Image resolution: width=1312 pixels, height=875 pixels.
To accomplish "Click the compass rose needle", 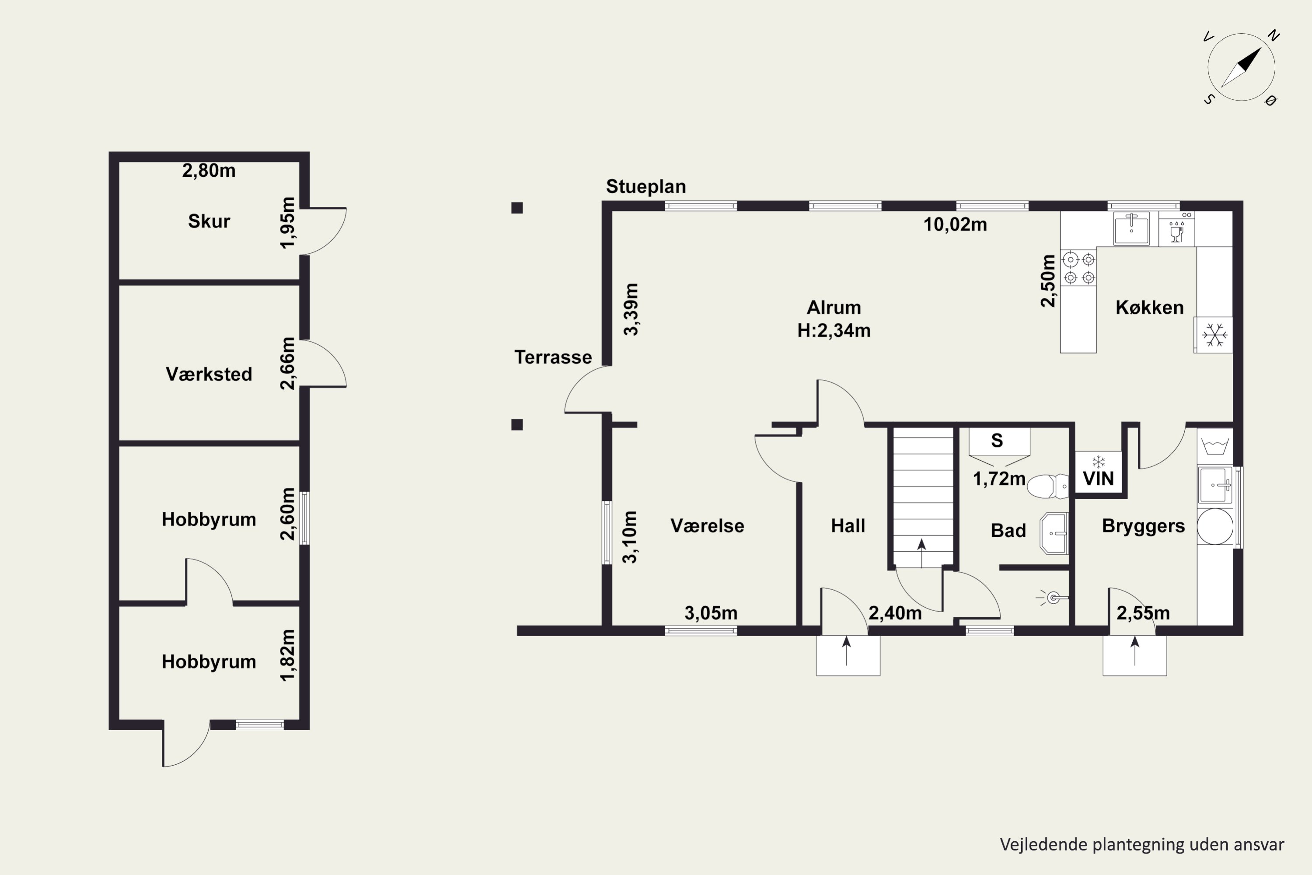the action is point(1241,67).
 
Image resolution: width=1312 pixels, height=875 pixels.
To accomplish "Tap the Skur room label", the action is point(209,221).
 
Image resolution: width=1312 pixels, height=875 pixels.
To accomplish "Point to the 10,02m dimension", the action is point(955,224).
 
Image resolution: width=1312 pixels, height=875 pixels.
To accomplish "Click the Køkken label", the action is point(1149,307).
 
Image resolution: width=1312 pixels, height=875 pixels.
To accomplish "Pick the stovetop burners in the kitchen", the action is point(1079,268).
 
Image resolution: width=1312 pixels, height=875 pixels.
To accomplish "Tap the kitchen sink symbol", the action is point(1131,228).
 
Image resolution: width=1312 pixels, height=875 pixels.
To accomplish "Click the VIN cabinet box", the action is point(1098,472).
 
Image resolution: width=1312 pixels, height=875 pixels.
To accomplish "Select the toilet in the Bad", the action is point(1047,486).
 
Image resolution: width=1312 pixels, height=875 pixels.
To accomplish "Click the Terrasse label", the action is point(553,357).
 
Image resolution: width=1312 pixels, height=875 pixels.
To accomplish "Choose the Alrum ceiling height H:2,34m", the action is point(834,330).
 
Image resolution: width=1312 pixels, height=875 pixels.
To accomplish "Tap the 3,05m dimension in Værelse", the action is point(711,613).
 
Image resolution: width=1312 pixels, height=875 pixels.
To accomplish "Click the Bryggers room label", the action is point(1143,526).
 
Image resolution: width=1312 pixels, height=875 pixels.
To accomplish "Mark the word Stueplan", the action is point(646,186).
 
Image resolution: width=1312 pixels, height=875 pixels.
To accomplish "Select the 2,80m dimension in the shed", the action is point(209,170).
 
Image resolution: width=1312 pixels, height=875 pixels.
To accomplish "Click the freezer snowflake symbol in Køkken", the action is point(1214,335).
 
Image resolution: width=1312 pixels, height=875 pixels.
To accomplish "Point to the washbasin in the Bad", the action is point(1054,533).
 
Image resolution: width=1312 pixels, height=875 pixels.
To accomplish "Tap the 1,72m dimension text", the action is point(999,478).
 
